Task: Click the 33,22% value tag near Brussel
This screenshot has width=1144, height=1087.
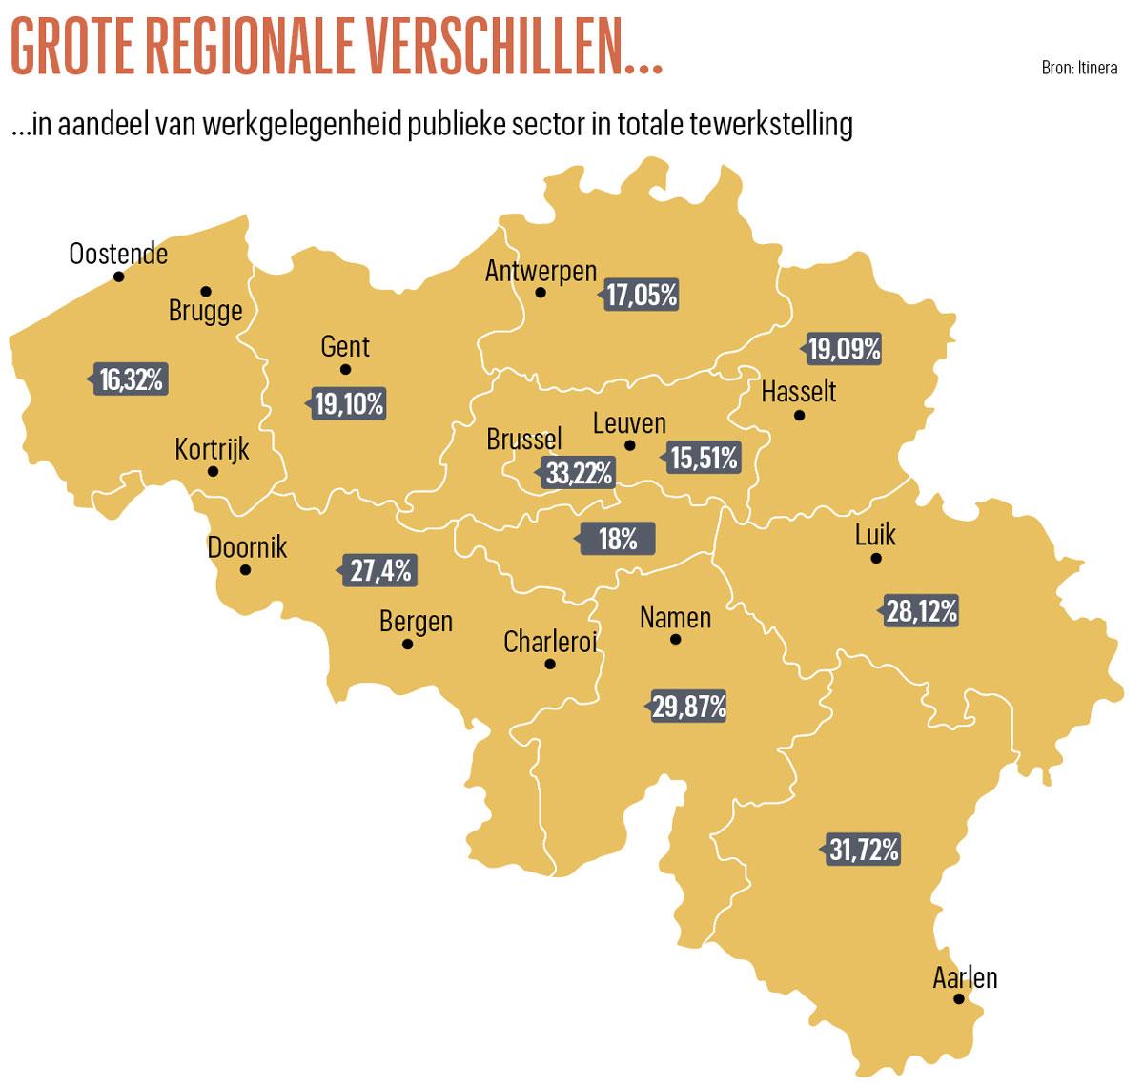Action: click(x=579, y=472)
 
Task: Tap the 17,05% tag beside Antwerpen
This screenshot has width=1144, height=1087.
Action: click(x=642, y=296)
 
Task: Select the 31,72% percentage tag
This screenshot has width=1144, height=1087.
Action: click(x=864, y=849)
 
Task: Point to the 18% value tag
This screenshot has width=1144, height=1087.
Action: click(x=618, y=539)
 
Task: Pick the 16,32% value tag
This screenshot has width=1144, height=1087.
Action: click(x=131, y=379)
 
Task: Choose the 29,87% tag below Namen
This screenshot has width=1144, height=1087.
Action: click(x=690, y=707)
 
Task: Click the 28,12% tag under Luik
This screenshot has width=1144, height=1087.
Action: click(x=921, y=611)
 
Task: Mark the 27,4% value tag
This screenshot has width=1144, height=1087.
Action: click(x=380, y=570)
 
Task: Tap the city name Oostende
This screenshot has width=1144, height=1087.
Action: click(x=118, y=254)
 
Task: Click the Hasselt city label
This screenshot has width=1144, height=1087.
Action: click(x=799, y=391)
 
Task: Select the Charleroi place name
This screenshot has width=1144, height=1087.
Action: click(x=550, y=642)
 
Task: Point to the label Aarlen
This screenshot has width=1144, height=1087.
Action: click(x=965, y=977)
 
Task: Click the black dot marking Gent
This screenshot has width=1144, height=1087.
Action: click(x=345, y=370)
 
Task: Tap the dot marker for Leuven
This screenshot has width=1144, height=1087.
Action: click(x=629, y=445)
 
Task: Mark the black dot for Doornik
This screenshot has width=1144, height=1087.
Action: click(x=245, y=570)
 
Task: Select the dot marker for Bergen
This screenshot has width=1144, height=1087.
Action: click(x=407, y=645)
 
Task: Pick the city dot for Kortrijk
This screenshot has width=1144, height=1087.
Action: click(x=213, y=471)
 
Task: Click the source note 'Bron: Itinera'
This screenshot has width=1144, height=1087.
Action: click(x=1079, y=69)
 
